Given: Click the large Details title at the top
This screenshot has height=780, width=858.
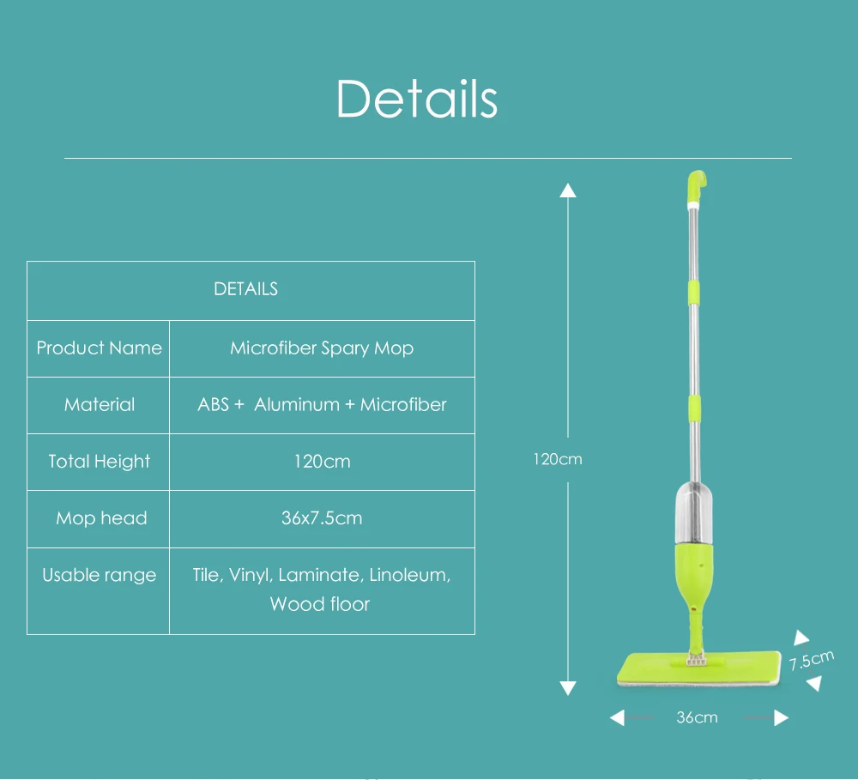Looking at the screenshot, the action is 416,99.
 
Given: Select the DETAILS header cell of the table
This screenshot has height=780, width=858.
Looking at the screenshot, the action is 245,289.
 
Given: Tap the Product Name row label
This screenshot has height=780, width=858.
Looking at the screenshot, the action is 99,348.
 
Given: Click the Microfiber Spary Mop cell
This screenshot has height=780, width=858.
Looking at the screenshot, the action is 322,348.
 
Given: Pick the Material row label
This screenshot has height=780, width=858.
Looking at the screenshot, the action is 100,405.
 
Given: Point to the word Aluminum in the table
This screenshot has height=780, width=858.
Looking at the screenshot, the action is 297,405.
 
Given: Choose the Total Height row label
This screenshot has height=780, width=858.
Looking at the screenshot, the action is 99,462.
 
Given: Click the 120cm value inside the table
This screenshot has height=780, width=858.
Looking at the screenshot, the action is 322,462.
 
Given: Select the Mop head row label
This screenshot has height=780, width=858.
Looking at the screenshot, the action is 101,518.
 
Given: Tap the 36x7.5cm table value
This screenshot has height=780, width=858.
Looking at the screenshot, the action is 322,518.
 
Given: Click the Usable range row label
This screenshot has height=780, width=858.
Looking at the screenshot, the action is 100,575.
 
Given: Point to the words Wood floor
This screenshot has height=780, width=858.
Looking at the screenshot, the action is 320,604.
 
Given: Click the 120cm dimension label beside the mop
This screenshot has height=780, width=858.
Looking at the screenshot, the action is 558,459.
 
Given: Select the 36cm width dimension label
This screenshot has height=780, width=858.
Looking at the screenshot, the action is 697,717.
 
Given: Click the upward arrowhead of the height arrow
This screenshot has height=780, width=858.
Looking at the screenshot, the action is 568,190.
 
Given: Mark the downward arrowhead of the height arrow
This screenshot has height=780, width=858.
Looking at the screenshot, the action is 568,687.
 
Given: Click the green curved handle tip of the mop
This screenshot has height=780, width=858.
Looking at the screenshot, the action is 698,182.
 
